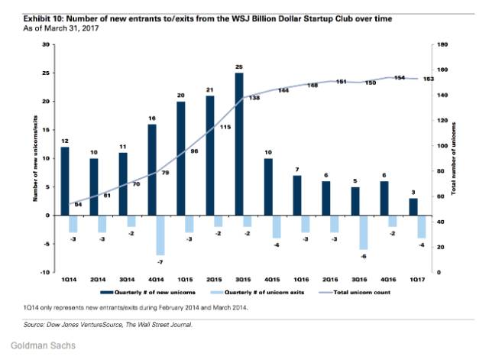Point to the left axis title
click(35, 158)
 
